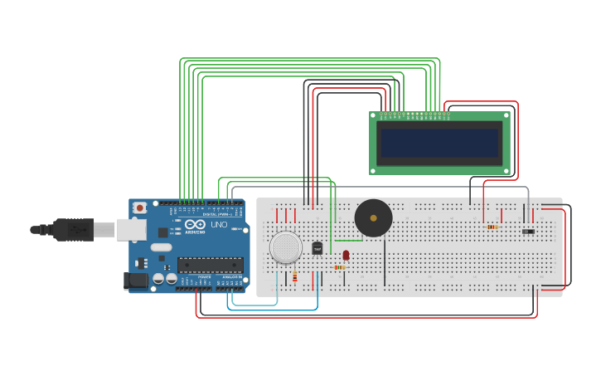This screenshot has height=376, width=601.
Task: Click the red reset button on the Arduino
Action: [140, 208]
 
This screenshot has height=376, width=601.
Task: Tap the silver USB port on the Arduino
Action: [131, 229]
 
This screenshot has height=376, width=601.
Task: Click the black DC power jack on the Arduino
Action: [135, 281]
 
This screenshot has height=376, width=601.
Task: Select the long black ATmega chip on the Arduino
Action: [210, 265]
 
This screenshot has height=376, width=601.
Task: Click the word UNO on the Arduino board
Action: [219, 225]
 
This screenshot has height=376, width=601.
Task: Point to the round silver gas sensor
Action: [286, 247]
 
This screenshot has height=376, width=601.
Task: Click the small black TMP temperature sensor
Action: [317, 247]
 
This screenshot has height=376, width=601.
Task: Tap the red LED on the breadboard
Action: [346, 255]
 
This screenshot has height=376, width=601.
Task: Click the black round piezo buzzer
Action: [373, 218]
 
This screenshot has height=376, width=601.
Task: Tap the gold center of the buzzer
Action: [373, 218]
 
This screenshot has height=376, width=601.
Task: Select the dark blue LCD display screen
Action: [439, 143]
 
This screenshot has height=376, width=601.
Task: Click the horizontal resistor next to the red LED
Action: [340, 267]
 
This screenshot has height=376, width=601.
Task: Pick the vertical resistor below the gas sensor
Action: [294, 276]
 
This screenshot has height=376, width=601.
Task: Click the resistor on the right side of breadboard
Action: [492, 227]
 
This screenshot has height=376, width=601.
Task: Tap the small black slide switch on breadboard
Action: [528, 232]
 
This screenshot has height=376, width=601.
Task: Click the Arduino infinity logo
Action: [196, 225]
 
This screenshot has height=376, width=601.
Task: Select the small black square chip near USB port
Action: [163, 233]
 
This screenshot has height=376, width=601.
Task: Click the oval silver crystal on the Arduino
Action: [161, 247]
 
